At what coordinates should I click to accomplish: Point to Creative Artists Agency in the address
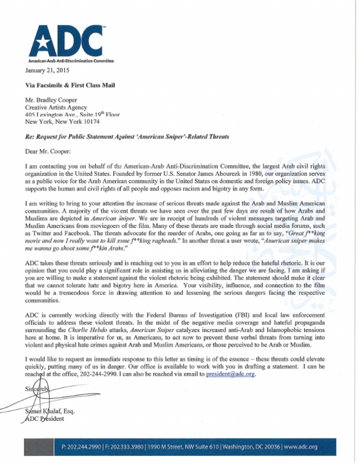[53, 108]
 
